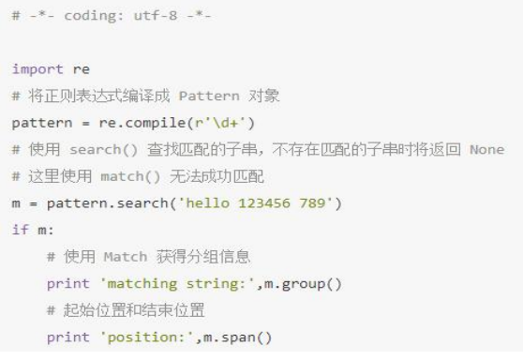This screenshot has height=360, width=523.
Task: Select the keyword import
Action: pos(37,69)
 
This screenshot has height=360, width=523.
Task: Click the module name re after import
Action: pos(82,69)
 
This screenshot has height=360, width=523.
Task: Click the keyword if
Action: pos(20,230)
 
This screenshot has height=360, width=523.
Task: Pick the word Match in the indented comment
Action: pos(125,257)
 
